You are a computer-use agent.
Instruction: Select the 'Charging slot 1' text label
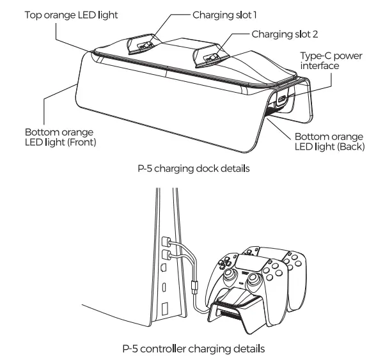[x=222, y=13]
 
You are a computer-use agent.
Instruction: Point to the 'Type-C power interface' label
[x=330, y=61]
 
